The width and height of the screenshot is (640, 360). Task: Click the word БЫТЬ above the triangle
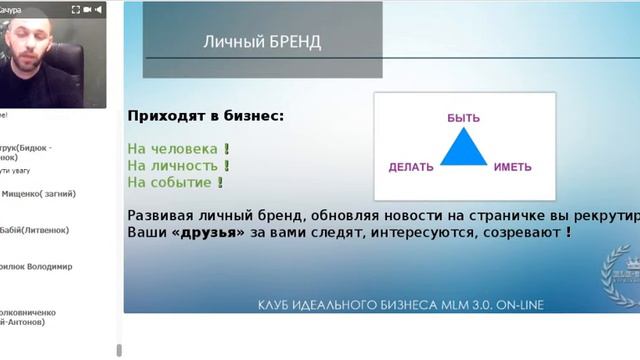(x=462, y=118)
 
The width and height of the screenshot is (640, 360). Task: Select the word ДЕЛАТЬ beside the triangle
(x=411, y=167)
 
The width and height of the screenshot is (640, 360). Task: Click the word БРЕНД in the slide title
(x=296, y=43)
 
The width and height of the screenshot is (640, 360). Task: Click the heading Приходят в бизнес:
(x=205, y=116)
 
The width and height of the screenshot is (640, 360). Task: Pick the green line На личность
(x=173, y=166)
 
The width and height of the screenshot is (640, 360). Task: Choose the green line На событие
(x=169, y=183)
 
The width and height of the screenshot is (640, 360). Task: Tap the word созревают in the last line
(x=526, y=232)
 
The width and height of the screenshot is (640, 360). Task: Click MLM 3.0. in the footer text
(x=459, y=303)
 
